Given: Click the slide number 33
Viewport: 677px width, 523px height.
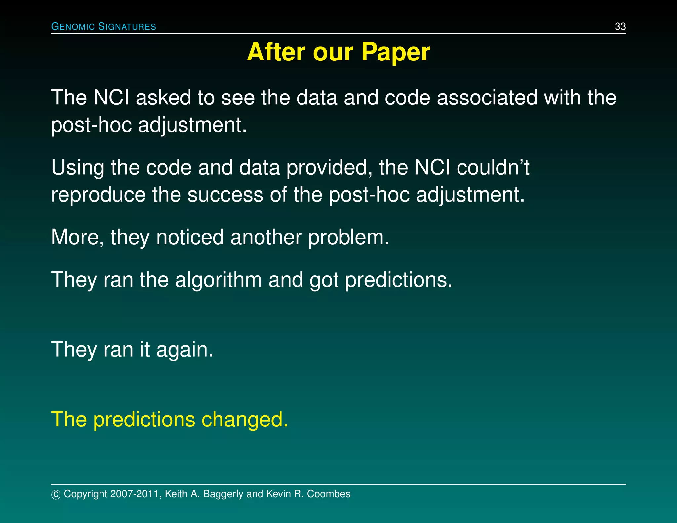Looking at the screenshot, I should pyautogui.click(x=620, y=26).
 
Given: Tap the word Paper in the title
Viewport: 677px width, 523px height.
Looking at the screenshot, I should pyautogui.click(x=395, y=52).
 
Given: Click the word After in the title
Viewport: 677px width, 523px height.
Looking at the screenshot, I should pyautogui.click(x=276, y=52).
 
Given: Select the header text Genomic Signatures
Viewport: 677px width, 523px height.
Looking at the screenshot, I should pyautogui.click(x=103, y=26).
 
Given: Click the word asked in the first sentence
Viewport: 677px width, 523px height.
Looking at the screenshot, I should pyautogui.click(x=163, y=98).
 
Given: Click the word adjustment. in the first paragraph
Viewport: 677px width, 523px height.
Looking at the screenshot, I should pyautogui.click(x=192, y=126).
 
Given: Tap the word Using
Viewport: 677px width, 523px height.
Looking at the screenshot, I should pyautogui.click(x=77, y=168).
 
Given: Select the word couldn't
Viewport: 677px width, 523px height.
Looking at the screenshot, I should pyautogui.click(x=493, y=168).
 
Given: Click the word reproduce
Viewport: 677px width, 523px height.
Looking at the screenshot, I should pyautogui.click(x=98, y=195).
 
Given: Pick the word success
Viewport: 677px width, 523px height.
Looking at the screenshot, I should pyautogui.click(x=225, y=195).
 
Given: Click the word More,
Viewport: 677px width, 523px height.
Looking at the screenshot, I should pyautogui.click(x=77, y=238).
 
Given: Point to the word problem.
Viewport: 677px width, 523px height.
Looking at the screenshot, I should pyautogui.click(x=348, y=238).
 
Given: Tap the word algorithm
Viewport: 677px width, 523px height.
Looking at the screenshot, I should pyautogui.click(x=218, y=280).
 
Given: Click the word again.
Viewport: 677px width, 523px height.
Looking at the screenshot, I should pyautogui.click(x=184, y=350).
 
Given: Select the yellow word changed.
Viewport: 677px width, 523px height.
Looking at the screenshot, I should pyautogui.click(x=245, y=420).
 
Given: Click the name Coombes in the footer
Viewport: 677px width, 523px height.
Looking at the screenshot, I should pyautogui.click(x=329, y=494).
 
